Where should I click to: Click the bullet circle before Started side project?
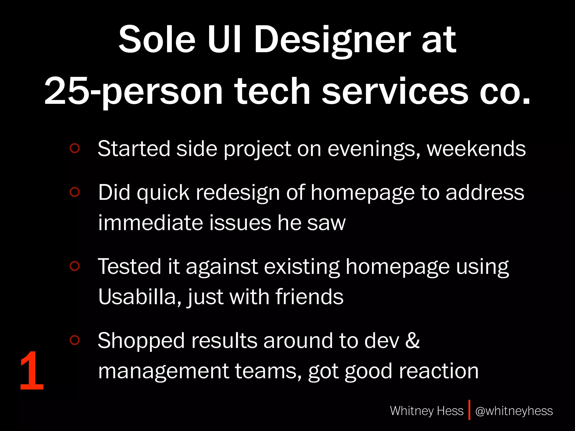[75, 148]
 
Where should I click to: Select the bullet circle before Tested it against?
[75, 266]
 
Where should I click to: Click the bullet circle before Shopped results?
[75, 340]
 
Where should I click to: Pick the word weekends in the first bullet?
[476, 149]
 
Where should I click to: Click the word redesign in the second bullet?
[238, 193]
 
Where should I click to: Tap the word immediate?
[150, 223]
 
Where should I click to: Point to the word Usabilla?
[137, 297]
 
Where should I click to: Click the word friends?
[309, 297]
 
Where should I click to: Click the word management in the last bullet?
[163, 371]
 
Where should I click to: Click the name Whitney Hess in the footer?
[426, 411]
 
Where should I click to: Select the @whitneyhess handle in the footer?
[514, 411]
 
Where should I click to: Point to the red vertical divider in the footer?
[469, 410]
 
